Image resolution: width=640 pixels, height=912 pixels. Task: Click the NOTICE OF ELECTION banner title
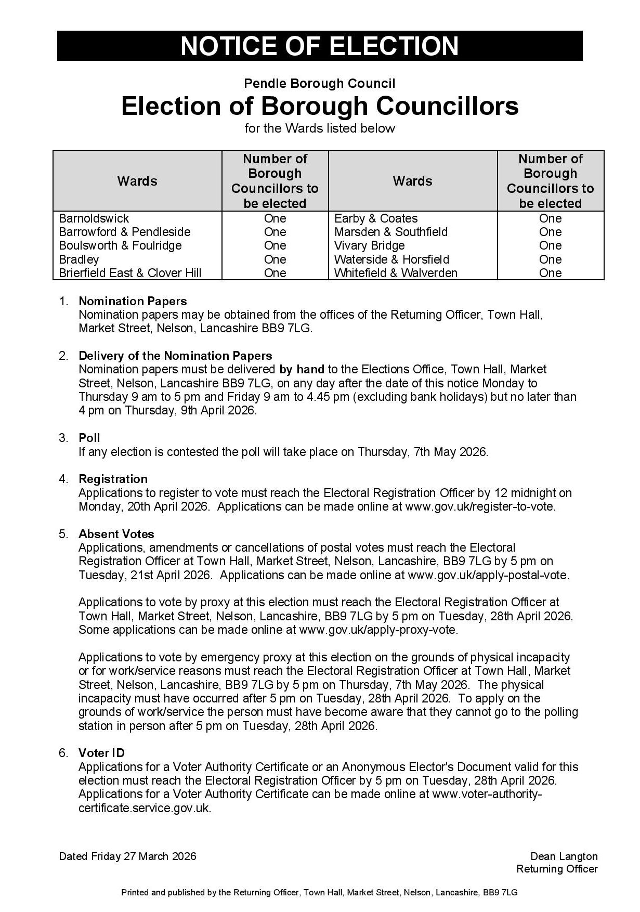click(319, 46)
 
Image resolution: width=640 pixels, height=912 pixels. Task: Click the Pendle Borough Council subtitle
click(319, 84)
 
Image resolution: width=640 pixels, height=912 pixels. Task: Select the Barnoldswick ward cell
click(94, 218)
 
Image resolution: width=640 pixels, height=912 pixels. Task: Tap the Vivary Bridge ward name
click(369, 245)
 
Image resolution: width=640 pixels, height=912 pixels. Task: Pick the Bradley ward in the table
click(79, 259)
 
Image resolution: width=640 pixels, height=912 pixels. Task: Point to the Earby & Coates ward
click(376, 218)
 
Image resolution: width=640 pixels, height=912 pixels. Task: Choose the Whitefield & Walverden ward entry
click(396, 273)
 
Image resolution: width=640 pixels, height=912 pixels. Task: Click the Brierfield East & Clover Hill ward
click(130, 273)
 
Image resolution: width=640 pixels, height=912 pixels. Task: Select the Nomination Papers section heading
click(133, 301)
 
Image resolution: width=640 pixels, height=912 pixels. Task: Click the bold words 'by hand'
click(302, 369)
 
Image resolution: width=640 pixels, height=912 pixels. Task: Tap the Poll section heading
click(89, 438)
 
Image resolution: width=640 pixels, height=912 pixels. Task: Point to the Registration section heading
click(113, 479)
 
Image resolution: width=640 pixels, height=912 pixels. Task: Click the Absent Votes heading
click(116, 534)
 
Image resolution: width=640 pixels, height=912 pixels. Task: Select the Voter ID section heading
click(101, 753)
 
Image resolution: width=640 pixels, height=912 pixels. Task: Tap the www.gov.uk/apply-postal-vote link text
click(488, 575)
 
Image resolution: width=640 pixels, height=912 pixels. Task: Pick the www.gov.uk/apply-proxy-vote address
click(378, 630)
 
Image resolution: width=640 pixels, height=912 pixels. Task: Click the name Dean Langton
click(564, 856)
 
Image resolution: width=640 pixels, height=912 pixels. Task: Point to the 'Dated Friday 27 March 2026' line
click(127, 856)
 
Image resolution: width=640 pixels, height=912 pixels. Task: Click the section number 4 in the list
click(63, 479)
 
